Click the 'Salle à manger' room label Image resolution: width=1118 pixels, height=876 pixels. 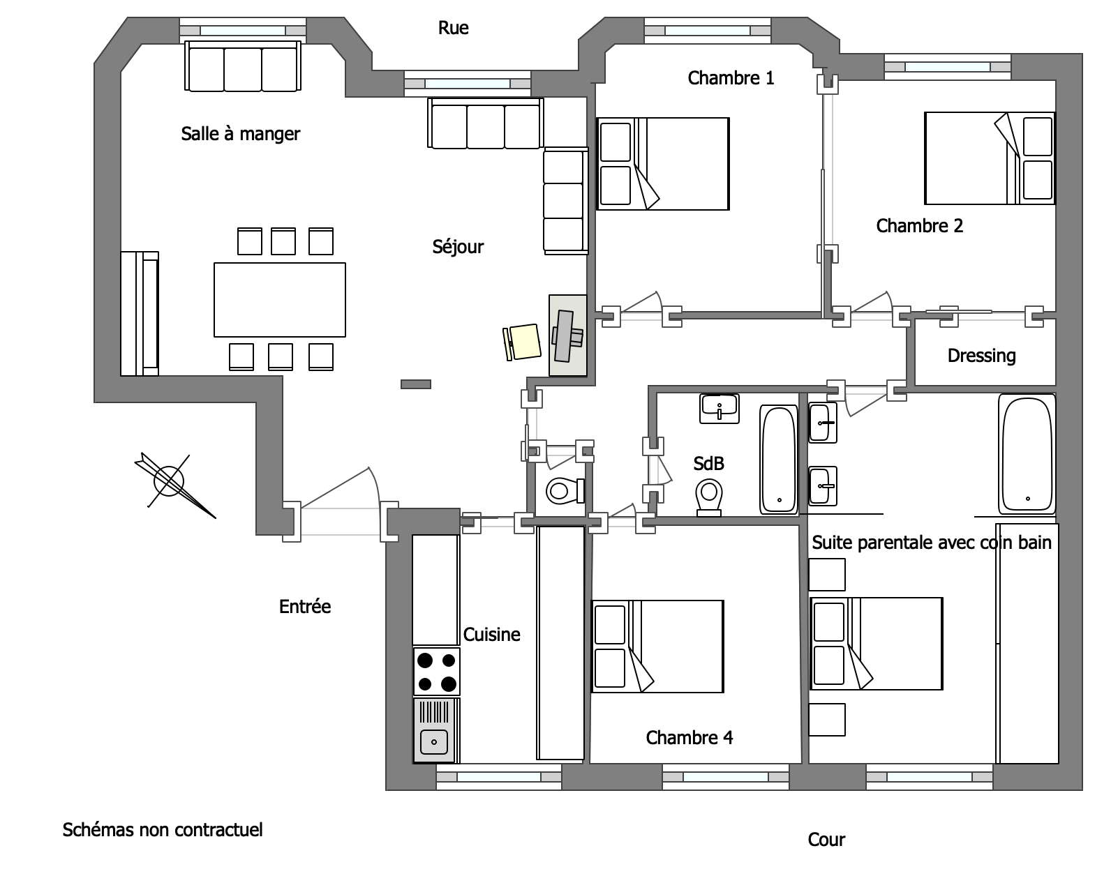point(240,134)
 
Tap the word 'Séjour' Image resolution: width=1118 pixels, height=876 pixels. point(458,248)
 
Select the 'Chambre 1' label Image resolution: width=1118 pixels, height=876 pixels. point(731,78)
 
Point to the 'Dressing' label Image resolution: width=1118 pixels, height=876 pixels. point(982,356)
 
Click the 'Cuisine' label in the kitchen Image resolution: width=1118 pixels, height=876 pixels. point(491,635)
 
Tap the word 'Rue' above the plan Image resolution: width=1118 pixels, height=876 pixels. point(453,28)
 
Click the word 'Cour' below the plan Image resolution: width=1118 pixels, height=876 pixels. point(826,840)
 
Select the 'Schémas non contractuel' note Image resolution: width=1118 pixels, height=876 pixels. point(163,830)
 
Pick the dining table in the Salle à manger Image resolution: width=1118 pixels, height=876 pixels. point(279,300)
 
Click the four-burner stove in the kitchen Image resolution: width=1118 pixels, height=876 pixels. point(436,672)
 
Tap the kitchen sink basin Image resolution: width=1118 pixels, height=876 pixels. point(433,742)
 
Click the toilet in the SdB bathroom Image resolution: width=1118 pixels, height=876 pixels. point(709,497)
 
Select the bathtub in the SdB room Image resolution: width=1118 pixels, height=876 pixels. point(779,459)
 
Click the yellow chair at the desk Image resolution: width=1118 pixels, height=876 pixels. point(522,342)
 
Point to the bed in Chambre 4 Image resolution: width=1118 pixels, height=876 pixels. point(657,647)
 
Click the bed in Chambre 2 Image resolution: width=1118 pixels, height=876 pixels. point(990,158)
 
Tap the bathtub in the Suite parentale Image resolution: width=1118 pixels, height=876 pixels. point(1027,454)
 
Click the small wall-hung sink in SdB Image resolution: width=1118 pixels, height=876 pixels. point(720,409)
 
